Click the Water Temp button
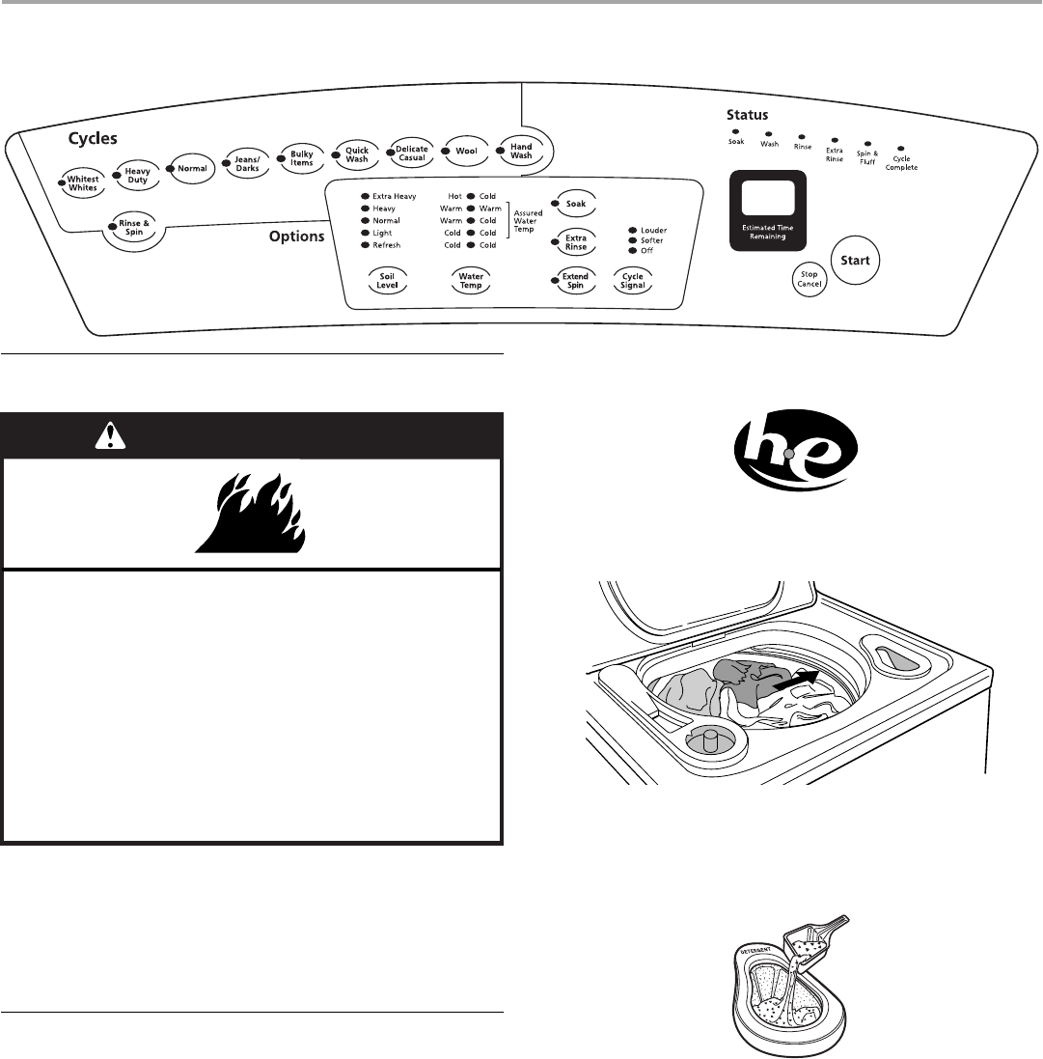tap(471, 280)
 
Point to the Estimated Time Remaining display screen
tap(768, 202)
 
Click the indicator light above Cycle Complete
tap(900, 149)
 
